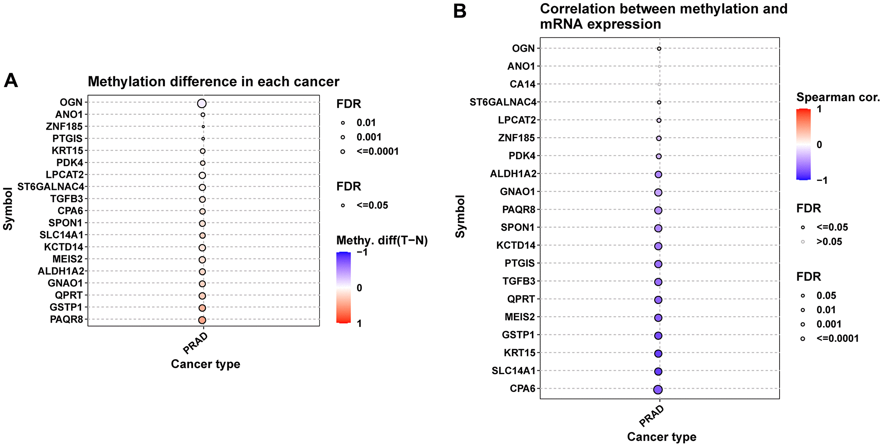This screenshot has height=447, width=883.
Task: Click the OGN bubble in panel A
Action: [202, 103]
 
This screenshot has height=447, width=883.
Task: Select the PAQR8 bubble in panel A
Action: [202, 320]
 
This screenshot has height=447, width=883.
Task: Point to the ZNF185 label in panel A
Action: [64, 127]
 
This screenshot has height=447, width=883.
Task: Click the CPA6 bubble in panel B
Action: [658, 389]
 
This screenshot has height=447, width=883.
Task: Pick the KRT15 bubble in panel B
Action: [658, 354]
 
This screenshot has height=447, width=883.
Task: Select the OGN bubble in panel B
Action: [659, 49]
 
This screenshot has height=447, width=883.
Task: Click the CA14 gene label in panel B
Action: [522, 84]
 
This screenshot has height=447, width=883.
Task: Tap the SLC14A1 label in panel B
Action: [513, 371]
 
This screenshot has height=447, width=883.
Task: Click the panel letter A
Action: [11, 81]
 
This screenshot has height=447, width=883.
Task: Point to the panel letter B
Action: [460, 11]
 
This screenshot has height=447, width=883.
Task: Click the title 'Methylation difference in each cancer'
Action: [214, 82]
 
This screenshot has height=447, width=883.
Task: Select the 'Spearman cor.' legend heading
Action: [838, 97]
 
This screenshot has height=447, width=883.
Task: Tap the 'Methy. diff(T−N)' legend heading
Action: [382, 240]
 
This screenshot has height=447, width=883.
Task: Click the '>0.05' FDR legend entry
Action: [829, 242]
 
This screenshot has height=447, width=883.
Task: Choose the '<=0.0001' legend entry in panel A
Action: [377, 152]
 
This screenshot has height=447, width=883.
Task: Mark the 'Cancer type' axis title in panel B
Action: [662, 437]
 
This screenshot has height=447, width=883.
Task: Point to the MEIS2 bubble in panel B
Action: [658, 318]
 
